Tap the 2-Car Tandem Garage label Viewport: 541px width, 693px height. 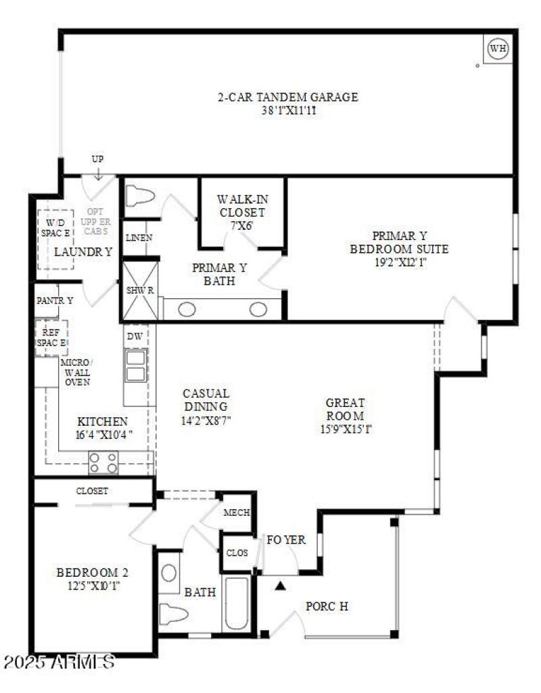287,97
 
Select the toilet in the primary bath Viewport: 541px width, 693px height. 140,197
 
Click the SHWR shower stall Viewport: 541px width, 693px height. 140,291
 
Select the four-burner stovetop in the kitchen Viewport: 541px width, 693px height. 103,462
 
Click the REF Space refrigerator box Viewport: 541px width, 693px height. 51,337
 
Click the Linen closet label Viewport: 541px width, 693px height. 139,237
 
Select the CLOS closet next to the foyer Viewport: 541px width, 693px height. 237,553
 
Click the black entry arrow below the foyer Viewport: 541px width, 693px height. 281,586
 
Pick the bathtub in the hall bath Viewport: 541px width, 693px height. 237,603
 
